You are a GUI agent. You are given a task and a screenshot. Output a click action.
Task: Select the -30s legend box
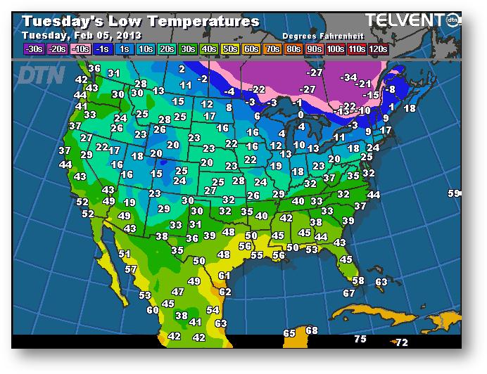pyautogui.click(x=33, y=49)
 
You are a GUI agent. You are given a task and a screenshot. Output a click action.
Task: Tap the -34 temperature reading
pyautogui.click(x=348, y=77)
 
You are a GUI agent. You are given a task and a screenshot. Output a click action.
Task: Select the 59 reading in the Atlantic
pyautogui.click(x=454, y=193)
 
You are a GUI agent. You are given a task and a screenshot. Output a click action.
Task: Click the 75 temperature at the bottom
pyautogui.click(x=360, y=339)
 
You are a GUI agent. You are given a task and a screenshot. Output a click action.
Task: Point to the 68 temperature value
pyautogui.click(x=312, y=330)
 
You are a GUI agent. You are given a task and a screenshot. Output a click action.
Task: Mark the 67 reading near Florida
pyautogui.click(x=349, y=293)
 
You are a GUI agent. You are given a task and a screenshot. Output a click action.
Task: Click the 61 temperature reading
pyautogui.click(x=224, y=276)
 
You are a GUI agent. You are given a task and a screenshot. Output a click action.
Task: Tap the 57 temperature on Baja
pyautogui.click(x=131, y=269)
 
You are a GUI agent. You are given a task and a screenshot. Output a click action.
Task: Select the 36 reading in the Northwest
pyautogui.click(x=95, y=68)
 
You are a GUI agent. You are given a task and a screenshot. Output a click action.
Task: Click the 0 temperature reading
pyautogui.click(x=301, y=115)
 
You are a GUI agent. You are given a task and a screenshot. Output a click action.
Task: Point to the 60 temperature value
pyautogui.click(x=153, y=309)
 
